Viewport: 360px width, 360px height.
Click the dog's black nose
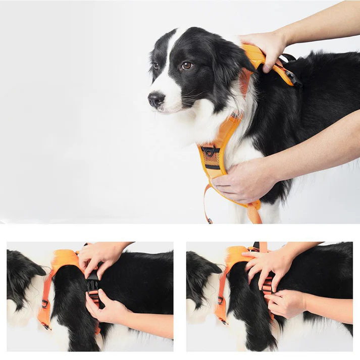coord(156,99)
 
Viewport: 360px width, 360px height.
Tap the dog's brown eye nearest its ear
coord(186,65)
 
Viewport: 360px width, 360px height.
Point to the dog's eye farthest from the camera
coord(156,66)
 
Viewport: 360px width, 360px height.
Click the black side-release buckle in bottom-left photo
coord(93,285)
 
